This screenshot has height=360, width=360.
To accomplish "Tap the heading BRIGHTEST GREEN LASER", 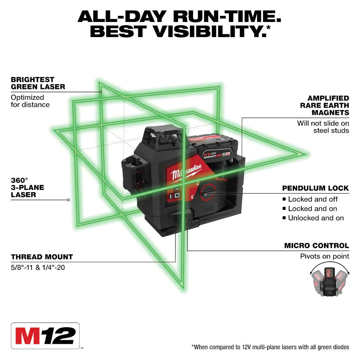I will (x=38, y=83).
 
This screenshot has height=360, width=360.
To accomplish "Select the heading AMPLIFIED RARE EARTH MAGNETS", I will (x=324, y=105).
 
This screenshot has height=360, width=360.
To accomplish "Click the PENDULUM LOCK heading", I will (x=315, y=188).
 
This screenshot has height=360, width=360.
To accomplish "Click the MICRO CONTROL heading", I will (x=316, y=246).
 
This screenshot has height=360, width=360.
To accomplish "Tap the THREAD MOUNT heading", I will (x=42, y=257).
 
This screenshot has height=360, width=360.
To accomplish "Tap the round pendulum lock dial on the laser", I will (x=209, y=194).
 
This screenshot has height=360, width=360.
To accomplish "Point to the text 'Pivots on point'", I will (x=324, y=256).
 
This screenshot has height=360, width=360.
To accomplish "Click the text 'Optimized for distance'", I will (x=30, y=101).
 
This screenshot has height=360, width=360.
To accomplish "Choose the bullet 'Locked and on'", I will (x=312, y=208).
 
